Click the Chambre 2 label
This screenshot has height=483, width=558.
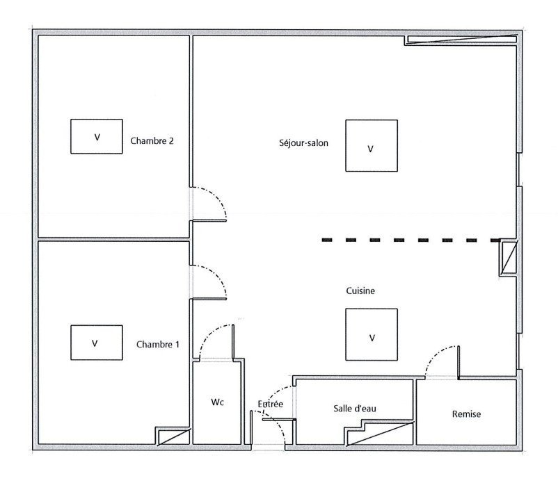click(x=152, y=141)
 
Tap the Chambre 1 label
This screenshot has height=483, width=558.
click(x=158, y=345)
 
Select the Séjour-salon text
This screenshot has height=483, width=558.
click(x=303, y=143)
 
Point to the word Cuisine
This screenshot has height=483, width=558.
click(x=360, y=290)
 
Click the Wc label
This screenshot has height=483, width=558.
click(x=217, y=402)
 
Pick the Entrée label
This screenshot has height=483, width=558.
click(x=271, y=404)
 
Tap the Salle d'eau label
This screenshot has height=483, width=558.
click(x=355, y=409)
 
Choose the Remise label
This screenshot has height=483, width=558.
click(x=466, y=414)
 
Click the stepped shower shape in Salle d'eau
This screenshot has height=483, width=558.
click(x=380, y=432)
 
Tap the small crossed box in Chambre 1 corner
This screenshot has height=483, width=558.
click(x=173, y=436)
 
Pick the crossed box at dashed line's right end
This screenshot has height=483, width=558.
click(x=508, y=257)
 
